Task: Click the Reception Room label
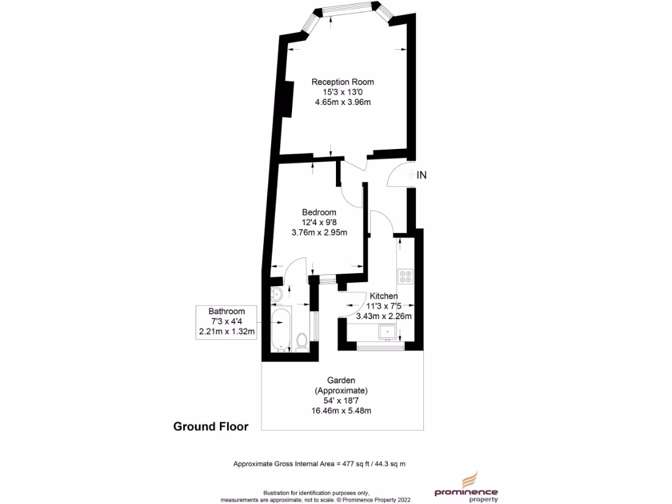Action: point(343,82)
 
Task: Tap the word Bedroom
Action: point(319,212)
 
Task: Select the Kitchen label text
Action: point(383,296)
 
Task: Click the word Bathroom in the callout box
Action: point(226,311)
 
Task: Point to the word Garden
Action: point(341,380)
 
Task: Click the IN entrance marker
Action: point(422,175)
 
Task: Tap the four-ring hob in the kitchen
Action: point(405,276)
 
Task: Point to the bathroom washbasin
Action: point(276,293)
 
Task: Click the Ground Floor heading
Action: point(211,427)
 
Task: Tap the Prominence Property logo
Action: point(467,492)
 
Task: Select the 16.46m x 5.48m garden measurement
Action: point(341,411)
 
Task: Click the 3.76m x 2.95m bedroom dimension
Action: point(319,232)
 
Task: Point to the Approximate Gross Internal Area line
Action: point(320,464)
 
